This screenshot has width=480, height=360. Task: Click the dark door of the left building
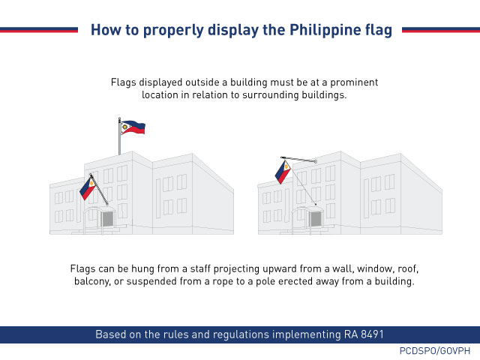tap(107, 219)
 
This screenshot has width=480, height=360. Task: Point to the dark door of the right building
tap(314, 219)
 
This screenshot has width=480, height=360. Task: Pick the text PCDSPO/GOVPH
tap(434, 351)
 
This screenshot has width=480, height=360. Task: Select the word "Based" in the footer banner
tap(113, 334)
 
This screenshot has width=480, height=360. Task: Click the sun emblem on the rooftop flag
tap(124, 127)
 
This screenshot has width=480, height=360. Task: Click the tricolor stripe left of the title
tap(39, 30)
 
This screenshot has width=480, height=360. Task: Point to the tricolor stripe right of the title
tap(441, 30)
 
